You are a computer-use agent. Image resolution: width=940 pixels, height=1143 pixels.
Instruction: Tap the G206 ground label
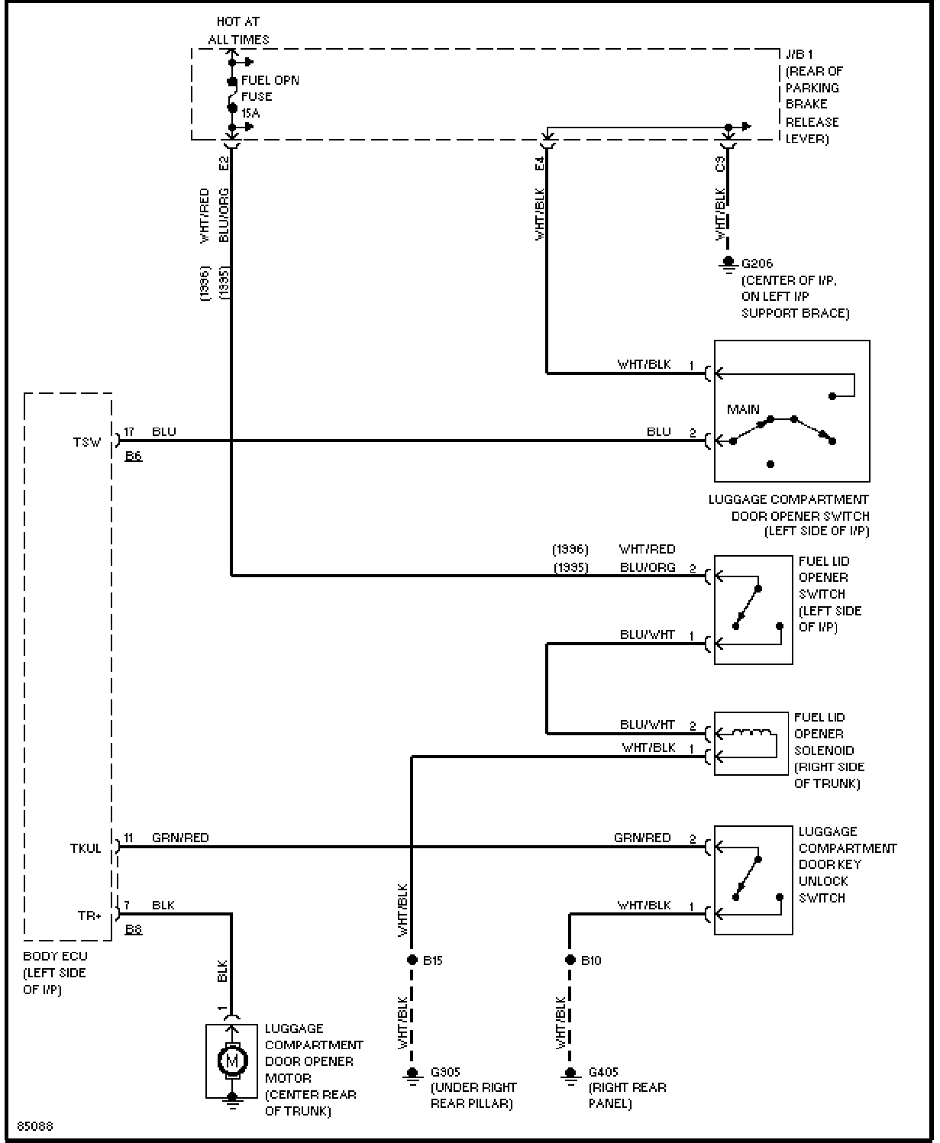[x=757, y=263]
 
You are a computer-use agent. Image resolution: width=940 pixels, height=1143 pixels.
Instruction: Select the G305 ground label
[x=445, y=1071]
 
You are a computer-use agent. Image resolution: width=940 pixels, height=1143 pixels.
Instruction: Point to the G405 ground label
[x=603, y=1071]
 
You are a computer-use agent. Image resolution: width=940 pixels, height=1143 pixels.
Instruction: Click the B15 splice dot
[x=412, y=960]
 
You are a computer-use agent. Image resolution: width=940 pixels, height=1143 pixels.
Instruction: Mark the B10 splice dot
[x=570, y=960]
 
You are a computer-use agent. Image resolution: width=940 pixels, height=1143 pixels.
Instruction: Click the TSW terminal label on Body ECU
[x=87, y=442]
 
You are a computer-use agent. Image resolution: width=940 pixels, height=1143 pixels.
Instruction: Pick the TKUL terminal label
[x=86, y=848]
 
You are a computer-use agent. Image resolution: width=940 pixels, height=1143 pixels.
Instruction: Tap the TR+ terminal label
[x=89, y=915]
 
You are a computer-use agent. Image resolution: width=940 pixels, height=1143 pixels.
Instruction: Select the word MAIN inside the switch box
[x=743, y=409]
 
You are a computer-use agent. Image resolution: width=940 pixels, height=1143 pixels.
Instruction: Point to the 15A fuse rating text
[x=250, y=113]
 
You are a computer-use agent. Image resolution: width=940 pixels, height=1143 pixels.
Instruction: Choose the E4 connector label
[x=539, y=163]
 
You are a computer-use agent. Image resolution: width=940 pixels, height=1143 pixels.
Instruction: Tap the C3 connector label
[x=720, y=163]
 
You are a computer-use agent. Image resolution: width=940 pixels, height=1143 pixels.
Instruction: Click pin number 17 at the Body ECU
[x=128, y=432]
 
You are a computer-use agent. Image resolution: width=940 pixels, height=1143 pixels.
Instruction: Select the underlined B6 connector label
[x=134, y=456]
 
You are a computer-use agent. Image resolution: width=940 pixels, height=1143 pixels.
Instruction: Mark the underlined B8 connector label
[x=134, y=929]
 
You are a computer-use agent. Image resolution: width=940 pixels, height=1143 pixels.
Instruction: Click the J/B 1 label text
[x=799, y=54]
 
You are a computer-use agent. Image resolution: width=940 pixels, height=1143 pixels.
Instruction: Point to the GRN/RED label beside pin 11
[x=180, y=838]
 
